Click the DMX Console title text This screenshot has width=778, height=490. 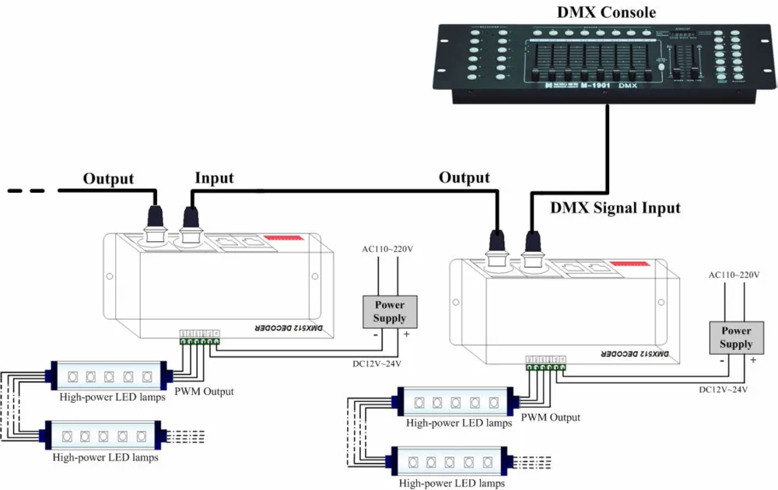coord(606,12)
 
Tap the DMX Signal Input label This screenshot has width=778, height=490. coord(615,208)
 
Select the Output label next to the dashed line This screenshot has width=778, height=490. coord(108,178)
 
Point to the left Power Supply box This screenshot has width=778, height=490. coord(390,311)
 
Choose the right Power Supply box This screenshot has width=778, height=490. coord(736,337)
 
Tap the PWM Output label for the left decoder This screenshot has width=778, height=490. coord(204,391)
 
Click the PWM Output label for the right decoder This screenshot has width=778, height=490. coord(550,417)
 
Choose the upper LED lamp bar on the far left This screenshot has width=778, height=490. coord(108,376)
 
